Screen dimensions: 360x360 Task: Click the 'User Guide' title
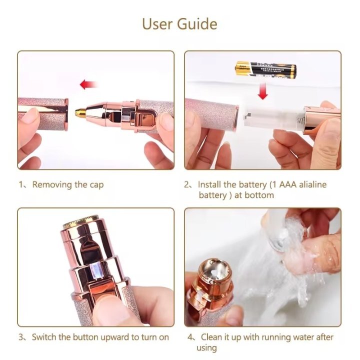pyautogui.click(x=179, y=23)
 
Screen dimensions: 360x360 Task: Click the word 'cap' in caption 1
pyautogui.click(x=96, y=184)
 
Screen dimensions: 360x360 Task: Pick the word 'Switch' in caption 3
pyautogui.click(x=44, y=337)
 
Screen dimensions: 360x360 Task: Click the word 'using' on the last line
pyautogui.click(x=206, y=347)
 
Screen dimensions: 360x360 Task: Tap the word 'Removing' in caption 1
pyautogui.click(x=52, y=184)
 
